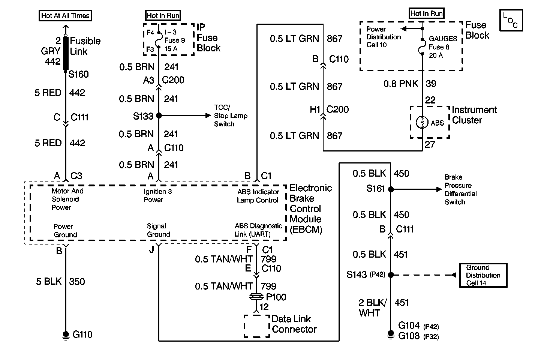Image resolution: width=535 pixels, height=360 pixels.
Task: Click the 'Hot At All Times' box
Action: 65,15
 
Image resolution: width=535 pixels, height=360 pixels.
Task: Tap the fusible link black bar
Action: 66,53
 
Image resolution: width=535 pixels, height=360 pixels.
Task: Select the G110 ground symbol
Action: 66,335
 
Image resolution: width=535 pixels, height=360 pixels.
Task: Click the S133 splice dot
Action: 159,115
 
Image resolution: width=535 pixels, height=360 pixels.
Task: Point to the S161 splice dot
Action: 391,189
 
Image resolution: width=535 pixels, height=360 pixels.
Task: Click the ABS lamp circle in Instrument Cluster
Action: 422,122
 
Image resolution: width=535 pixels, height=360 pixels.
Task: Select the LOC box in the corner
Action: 511,20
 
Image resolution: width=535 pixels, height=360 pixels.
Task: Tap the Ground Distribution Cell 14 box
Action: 483,275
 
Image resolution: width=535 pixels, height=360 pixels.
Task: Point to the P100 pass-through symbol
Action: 256,297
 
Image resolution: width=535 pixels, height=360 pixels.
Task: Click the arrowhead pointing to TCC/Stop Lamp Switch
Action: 208,115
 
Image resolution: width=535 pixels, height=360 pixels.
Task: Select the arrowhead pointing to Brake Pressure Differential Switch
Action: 439,189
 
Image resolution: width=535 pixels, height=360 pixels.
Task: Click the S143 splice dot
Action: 391,275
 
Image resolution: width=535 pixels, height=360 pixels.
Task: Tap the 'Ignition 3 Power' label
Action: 157,195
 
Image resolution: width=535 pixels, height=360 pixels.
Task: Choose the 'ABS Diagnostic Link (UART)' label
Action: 258,230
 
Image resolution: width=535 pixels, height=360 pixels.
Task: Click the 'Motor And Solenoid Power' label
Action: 67,199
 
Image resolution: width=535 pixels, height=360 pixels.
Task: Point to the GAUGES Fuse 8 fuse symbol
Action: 422,47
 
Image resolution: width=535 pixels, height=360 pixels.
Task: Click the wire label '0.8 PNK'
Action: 401,84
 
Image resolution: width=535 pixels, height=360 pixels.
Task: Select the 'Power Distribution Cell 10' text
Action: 384,37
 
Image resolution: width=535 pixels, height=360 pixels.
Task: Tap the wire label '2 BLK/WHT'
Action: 372,307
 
